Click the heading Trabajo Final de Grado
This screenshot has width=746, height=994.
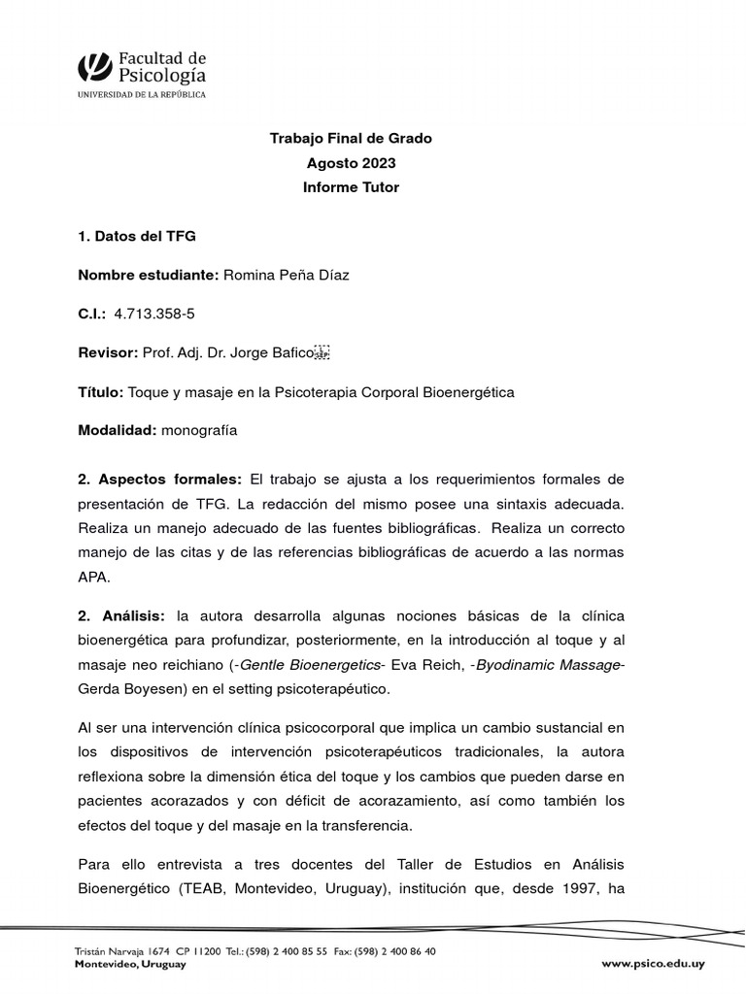351,139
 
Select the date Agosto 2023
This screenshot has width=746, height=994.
351,163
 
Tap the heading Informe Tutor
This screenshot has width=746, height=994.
351,187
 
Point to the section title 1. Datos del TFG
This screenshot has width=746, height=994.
136,236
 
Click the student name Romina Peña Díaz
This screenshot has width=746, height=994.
287,275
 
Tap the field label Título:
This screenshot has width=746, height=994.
100,391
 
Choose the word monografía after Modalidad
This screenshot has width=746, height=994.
199,430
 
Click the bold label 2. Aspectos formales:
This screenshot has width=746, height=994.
159,480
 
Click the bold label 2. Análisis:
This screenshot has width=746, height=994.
121,616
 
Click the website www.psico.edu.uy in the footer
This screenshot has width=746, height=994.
653,964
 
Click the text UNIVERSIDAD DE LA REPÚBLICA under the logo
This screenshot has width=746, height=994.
142,94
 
